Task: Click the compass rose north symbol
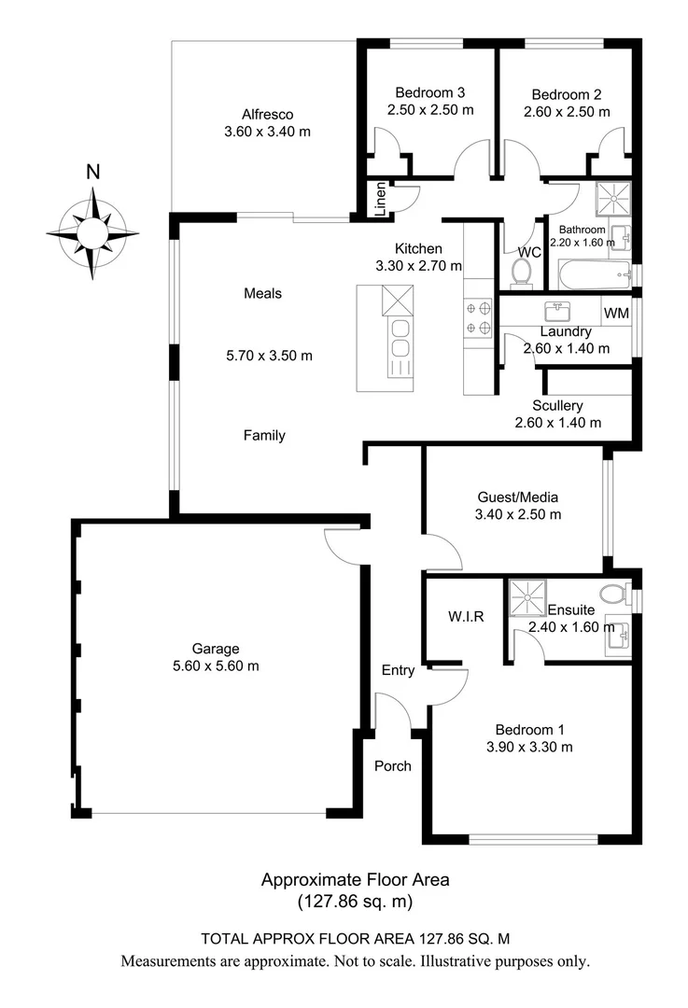[92, 232]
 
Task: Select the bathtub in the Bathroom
[596, 275]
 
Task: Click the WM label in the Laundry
[616, 313]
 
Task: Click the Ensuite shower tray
[527, 598]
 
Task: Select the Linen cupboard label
[380, 199]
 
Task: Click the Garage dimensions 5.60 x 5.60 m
[216, 666]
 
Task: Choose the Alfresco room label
[268, 115]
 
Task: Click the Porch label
[393, 765]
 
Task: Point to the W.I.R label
[466, 617]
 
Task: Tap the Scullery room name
[557, 406]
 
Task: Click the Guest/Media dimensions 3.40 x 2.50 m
[518, 514]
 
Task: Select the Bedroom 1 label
[530, 730]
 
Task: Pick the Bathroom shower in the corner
[613, 200]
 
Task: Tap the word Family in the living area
[264, 435]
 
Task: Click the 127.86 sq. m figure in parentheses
[355, 902]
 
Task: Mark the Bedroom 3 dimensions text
[430, 110]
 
